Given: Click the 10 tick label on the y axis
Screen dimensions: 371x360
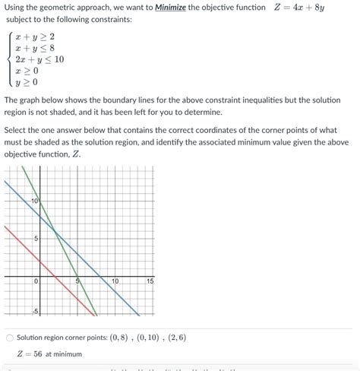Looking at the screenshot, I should [x=35, y=201].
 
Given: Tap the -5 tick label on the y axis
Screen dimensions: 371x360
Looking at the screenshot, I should [x=34, y=312].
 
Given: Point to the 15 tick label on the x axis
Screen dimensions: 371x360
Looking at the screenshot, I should [x=150, y=282].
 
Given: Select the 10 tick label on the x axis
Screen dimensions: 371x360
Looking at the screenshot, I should [x=114, y=282].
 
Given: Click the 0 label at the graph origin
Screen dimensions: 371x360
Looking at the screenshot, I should [x=35, y=282].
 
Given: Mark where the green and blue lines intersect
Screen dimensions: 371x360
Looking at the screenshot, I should [x=55, y=230].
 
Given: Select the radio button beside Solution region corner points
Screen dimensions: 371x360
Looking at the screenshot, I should [x=8, y=337].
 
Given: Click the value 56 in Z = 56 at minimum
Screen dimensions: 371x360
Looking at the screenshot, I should [x=36, y=354].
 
